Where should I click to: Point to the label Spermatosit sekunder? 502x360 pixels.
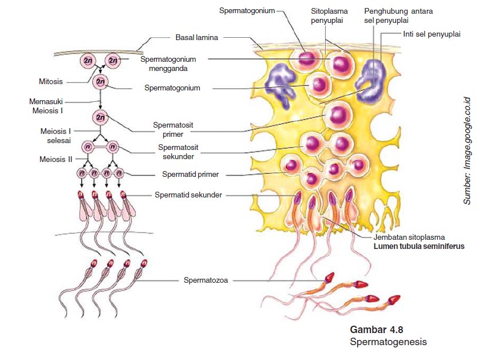pyautogui.click(x=176, y=152)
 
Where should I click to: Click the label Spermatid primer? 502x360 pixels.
pyautogui.click(x=190, y=174)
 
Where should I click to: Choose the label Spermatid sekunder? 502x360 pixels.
pyautogui.click(x=188, y=195)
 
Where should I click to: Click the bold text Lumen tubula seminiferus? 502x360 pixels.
pyautogui.click(x=419, y=246)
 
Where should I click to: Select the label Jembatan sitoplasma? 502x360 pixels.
pyautogui.click(x=409, y=236)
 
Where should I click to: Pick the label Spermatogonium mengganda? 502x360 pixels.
pyautogui.click(x=172, y=63)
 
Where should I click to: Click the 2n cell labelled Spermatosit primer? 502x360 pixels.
pyautogui.click(x=101, y=117)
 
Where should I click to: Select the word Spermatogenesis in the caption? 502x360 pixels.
pyautogui.click(x=388, y=342)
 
